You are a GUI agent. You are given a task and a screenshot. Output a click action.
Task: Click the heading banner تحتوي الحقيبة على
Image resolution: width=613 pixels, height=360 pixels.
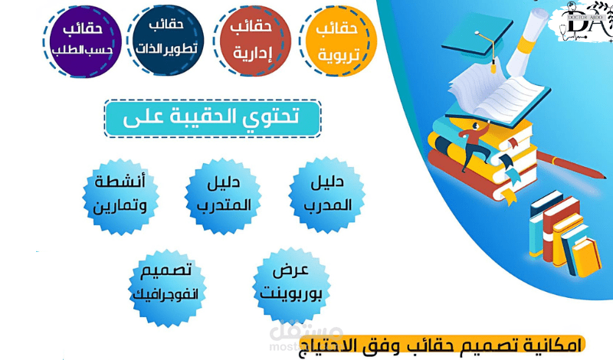coord(212,117)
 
